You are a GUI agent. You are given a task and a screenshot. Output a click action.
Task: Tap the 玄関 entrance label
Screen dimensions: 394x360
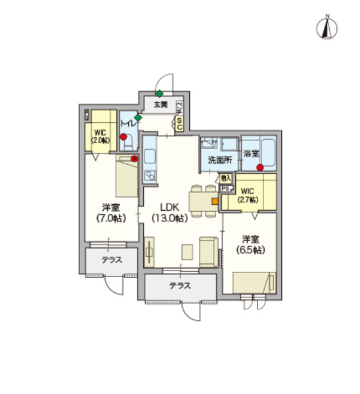tap(161, 104)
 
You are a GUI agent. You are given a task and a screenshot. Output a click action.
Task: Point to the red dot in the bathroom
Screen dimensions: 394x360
tap(260, 167)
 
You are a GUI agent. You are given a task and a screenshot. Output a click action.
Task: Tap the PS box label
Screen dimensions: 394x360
tap(225, 188)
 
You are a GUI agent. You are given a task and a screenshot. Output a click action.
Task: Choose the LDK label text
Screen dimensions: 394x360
tap(169, 206)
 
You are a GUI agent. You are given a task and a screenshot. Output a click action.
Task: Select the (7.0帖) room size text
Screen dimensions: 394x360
tap(110, 218)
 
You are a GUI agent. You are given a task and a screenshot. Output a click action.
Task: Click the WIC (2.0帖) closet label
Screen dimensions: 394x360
tap(101, 136)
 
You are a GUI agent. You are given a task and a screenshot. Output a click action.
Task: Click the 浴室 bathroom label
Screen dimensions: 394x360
tap(251, 154)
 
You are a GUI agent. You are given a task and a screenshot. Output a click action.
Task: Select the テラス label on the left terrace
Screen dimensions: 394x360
tap(112, 259)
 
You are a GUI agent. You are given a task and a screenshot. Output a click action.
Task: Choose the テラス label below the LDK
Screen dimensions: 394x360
tap(179, 286)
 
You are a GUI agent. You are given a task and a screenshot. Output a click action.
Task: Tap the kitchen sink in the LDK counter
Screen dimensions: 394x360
tap(149, 158)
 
